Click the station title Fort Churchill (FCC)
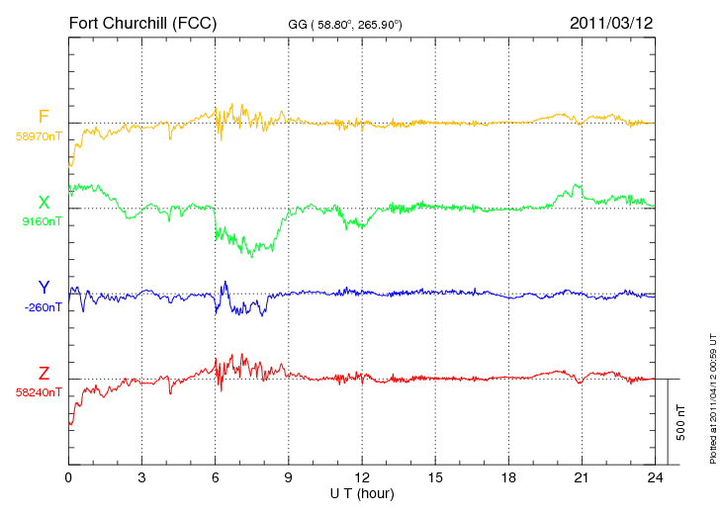[x=142, y=24]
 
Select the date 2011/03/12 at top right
[x=611, y=23]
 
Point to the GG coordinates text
[x=345, y=25]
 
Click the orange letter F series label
[x=44, y=117]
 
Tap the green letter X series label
[x=44, y=203]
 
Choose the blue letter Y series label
[x=44, y=288]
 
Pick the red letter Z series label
[x=44, y=374]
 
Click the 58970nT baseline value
[x=39, y=136]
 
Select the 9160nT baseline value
[x=42, y=221]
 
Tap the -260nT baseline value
[x=43, y=307]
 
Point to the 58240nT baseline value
[x=39, y=392]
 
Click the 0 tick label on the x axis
[x=68, y=478]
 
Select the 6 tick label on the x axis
[x=215, y=478]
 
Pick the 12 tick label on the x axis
[x=362, y=478]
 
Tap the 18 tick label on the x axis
[x=508, y=478]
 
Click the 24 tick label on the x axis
[x=655, y=478]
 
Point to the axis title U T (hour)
[x=362, y=494]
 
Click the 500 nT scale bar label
[x=681, y=422]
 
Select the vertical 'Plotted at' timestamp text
[x=713, y=398]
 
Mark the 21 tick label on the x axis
[x=582, y=478]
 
